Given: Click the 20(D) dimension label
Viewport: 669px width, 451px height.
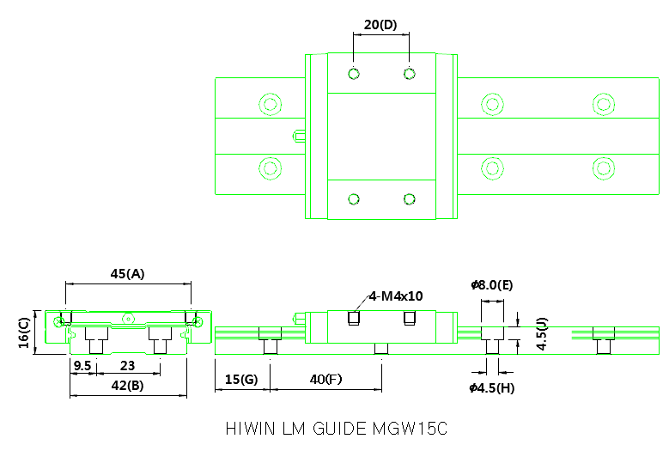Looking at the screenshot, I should pyautogui.click(x=380, y=25).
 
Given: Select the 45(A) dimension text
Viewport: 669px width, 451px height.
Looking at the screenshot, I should pyautogui.click(x=127, y=274).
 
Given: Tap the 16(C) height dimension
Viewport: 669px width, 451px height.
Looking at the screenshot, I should pyautogui.click(x=24, y=331).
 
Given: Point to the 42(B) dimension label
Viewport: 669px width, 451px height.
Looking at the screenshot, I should pyautogui.click(x=127, y=385).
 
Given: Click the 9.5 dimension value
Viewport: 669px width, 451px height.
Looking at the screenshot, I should pyautogui.click(x=82, y=365).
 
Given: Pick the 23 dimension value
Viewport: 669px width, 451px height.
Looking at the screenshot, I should pyautogui.click(x=127, y=365).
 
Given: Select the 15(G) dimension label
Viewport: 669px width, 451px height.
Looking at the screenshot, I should pyautogui.click(x=240, y=379).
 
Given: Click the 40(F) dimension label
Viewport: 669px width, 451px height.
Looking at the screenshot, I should pyautogui.click(x=326, y=379).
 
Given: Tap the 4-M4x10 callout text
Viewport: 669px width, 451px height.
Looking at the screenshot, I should pyautogui.click(x=396, y=296).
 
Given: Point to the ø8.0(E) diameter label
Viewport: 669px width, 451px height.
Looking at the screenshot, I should pyautogui.click(x=491, y=284).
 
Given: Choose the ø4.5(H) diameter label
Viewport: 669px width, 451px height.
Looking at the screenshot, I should pyautogui.click(x=492, y=387).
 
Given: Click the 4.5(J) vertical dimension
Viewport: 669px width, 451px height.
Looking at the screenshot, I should pyautogui.click(x=539, y=333).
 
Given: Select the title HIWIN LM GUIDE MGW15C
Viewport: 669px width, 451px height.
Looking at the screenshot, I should pyautogui.click(x=337, y=428).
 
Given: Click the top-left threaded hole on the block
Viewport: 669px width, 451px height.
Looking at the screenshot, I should pyautogui.click(x=353, y=73).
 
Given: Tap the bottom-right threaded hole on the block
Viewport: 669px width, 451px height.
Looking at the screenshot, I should pyautogui.click(x=409, y=199).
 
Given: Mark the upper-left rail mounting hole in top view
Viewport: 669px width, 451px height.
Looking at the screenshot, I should pyautogui.click(x=271, y=105).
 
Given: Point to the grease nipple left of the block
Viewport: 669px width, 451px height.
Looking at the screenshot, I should pyautogui.click(x=298, y=135).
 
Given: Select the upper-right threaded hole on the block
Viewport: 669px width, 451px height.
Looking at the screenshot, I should pyautogui.click(x=409, y=73).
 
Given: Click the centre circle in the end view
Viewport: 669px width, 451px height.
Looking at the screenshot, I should pyautogui.click(x=128, y=317).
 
